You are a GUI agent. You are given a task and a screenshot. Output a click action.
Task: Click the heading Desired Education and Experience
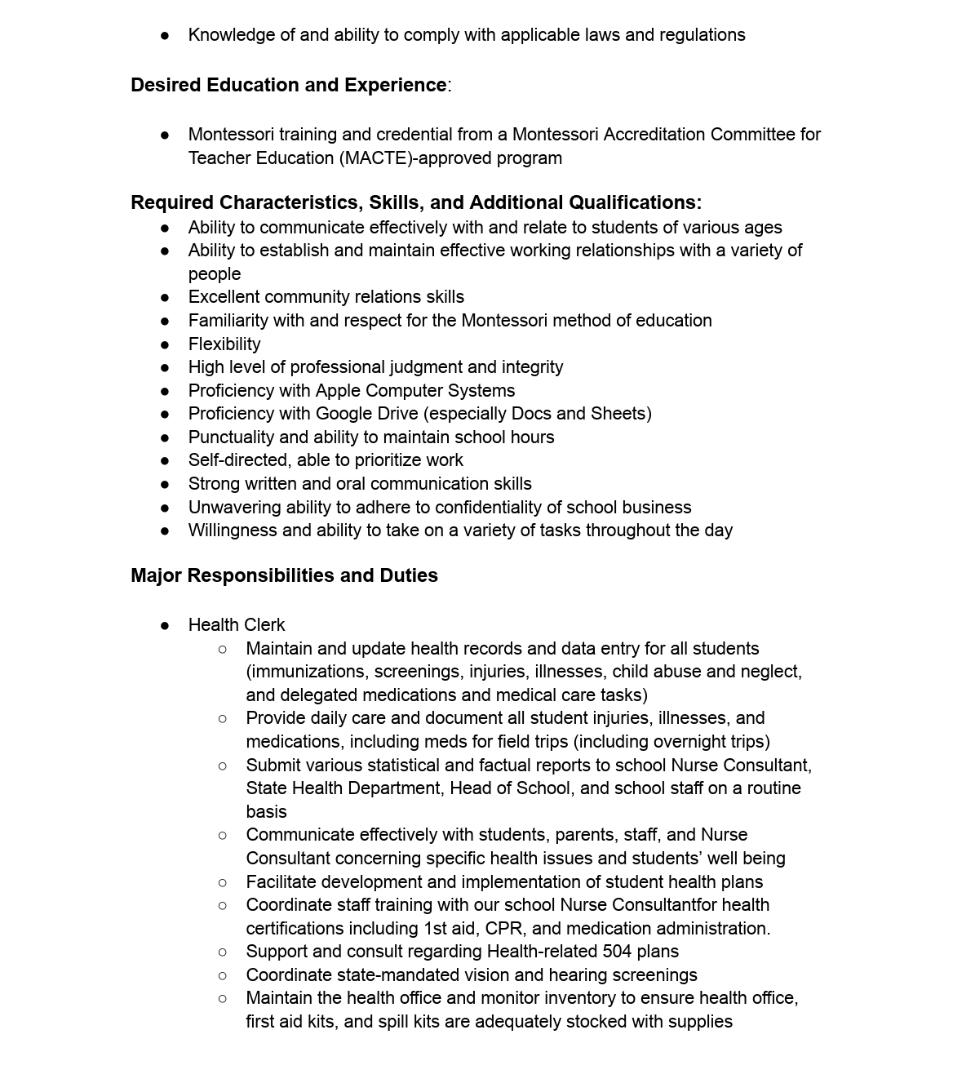(x=288, y=85)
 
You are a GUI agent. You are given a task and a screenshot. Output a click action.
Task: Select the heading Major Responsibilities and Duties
(x=284, y=575)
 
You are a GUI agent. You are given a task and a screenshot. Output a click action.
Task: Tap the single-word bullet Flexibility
(x=224, y=344)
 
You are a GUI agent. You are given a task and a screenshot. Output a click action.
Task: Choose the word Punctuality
(x=231, y=437)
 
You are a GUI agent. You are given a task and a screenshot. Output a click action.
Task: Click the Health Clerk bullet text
(x=237, y=625)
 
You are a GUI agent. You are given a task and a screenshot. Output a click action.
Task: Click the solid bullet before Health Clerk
(x=165, y=626)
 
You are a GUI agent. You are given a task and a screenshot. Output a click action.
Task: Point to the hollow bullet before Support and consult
(x=223, y=952)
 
